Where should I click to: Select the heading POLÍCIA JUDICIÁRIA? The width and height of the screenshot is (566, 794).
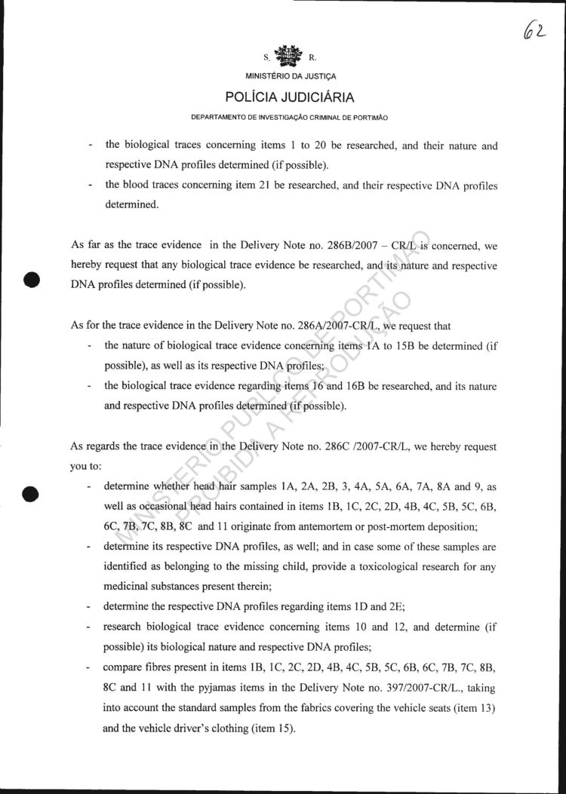pyautogui.click(x=291, y=97)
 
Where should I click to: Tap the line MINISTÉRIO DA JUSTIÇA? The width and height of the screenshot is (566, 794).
pyautogui.click(x=291, y=76)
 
